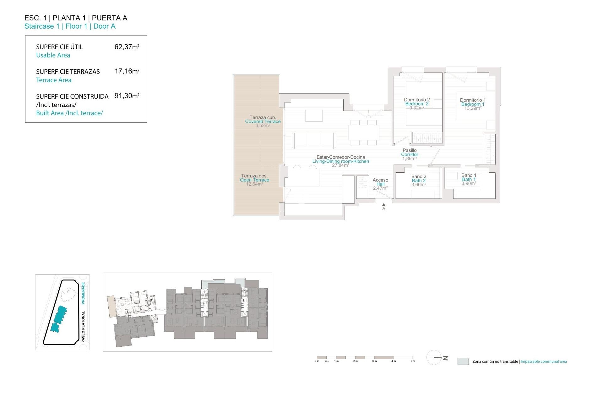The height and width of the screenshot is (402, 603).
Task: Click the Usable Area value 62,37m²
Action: pos(127,47)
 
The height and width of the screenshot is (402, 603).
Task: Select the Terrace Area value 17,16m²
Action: pos(127,71)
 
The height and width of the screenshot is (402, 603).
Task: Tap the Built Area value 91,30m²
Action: pos(127,96)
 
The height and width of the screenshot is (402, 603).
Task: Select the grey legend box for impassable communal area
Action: pos(463,361)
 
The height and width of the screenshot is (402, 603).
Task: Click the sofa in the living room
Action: pos(313,140)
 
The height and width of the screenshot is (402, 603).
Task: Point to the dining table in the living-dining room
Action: pos(364,132)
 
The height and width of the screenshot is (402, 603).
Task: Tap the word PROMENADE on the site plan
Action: pos(83,293)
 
